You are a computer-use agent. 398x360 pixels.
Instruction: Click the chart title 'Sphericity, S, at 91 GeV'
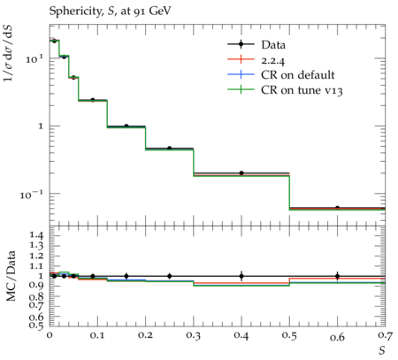110,11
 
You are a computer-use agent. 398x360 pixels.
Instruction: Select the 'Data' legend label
273,45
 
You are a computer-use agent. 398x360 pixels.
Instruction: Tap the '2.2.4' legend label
273,60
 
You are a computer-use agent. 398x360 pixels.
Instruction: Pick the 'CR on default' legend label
298,75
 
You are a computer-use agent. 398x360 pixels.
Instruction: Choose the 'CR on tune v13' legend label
302,90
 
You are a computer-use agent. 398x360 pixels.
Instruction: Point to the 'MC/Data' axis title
11,276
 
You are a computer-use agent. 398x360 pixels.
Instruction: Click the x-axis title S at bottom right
382,350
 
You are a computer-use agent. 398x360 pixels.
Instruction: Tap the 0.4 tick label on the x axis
241,336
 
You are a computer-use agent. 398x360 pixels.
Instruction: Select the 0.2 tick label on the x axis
145,336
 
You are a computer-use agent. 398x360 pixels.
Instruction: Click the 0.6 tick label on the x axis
337,336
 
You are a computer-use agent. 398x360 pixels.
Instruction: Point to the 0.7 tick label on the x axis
385,336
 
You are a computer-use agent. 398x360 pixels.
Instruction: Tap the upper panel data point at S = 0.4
241,173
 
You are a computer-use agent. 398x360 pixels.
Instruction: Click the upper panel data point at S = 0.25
169,148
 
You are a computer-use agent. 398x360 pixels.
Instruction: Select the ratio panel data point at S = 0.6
337,276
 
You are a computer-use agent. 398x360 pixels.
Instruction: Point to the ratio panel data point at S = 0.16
126,276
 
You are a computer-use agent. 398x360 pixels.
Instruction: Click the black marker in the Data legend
241,44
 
